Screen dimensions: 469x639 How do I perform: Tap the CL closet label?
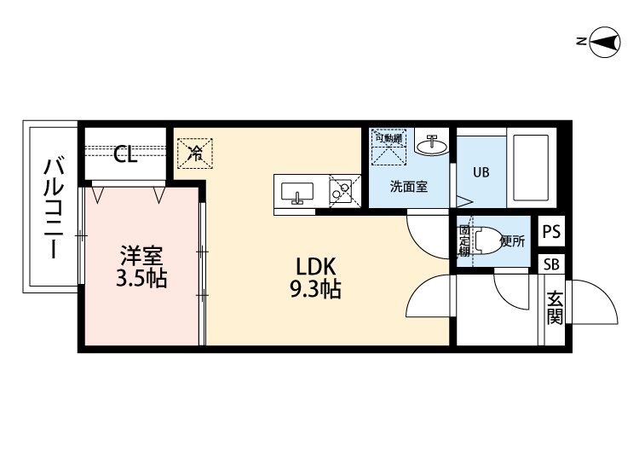point(126,154)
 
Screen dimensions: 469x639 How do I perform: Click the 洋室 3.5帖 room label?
point(142,266)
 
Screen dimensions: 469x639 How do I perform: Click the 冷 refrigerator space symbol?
point(196,153)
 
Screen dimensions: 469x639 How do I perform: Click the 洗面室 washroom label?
point(408,186)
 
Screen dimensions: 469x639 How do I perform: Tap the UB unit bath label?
point(481,171)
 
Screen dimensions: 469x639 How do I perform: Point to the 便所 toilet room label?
point(512,240)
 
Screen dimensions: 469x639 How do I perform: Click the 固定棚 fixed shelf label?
point(464,241)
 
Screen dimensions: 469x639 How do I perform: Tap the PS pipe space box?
point(551,231)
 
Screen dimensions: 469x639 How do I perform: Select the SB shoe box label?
point(551,264)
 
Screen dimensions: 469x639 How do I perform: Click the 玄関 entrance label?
point(555,309)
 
